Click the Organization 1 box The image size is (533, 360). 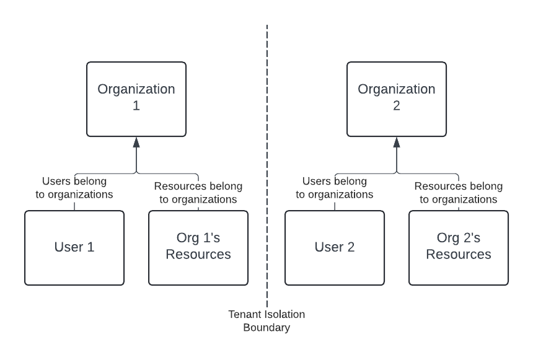click(x=136, y=99)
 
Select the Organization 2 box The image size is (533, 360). click(x=397, y=99)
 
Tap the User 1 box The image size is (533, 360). click(x=74, y=248)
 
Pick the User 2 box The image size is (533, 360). click(x=335, y=248)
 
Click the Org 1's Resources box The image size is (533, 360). click(x=198, y=248)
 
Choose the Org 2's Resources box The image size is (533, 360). click(x=459, y=248)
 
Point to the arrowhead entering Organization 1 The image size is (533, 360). click(x=136, y=142)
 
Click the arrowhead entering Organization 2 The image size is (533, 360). click(x=397, y=142)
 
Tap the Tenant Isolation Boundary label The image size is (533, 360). click(x=266, y=321)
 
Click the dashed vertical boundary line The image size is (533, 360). click(x=267, y=166)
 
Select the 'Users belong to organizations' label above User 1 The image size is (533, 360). click(x=74, y=188)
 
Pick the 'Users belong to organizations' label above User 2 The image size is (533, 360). click(x=335, y=188)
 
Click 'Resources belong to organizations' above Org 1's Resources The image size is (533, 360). click(x=198, y=193)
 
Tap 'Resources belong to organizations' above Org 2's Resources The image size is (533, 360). click(x=459, y=193)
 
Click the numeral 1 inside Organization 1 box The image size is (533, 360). click(x=136, y=106)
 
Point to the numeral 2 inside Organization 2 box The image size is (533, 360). click(x=397, y=106)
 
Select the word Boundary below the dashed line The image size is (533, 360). click(x=266, y=328)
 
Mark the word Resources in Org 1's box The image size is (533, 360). click(x=198, y=254)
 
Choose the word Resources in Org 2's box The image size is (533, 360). click(x=459, y=254)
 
